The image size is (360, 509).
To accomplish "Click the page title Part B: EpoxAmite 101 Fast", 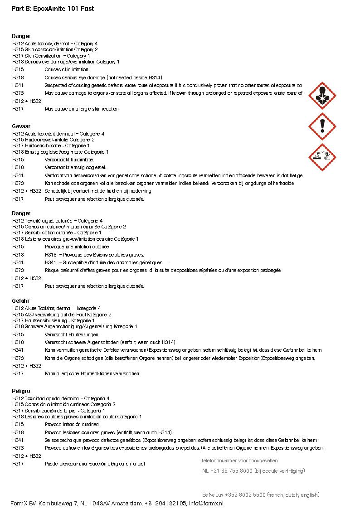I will (x=53, y=9).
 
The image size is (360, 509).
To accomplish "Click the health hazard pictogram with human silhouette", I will (x=322, y=96).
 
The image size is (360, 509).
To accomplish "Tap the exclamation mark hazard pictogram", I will (x=322, y=126).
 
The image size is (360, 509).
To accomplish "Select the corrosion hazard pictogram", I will (x=322, y=157).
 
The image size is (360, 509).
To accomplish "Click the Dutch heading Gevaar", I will (x=21, y=126).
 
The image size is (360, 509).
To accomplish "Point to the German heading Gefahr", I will (x=20, y=301).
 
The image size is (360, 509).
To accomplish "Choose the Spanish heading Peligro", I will (x=21, y=391).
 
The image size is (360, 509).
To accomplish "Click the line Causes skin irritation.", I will (x=67, y=70).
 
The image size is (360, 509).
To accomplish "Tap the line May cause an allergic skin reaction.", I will (x=82, y=109).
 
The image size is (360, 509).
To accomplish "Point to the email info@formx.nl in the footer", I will (x=206, y=503).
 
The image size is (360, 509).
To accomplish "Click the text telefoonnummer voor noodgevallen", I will (x=240, y=461).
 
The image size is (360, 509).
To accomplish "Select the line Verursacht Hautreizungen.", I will (x=72, y=334).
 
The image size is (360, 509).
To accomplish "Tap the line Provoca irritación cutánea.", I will (x=72, y=424).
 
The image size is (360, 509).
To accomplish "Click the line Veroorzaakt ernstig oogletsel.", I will (x=75, y=167).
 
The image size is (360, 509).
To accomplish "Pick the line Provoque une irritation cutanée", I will (x=77, y=247).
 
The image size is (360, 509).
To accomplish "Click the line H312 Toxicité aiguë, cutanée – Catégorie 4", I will (x=58, y=221).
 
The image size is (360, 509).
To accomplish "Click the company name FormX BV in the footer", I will (x=24, y=503).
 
